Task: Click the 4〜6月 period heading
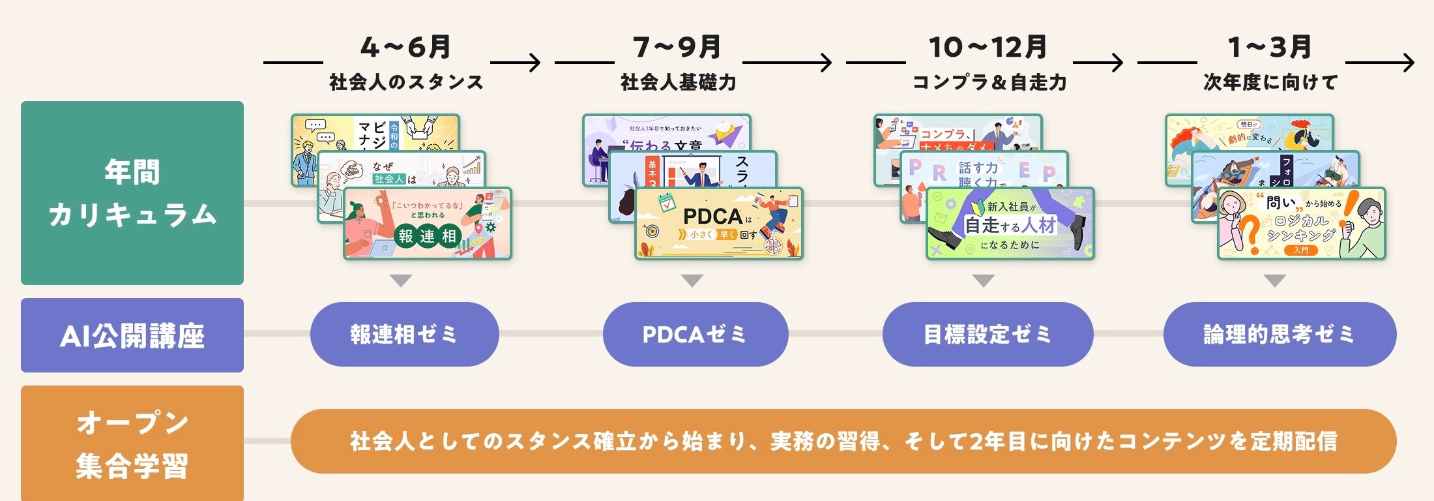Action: click(x=405, y=47)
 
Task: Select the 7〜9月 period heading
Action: click(x=677, y=47)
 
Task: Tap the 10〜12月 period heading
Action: click(x=988, y=47)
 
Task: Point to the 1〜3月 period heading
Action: click(x=1270, y=47)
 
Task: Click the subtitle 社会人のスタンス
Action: click(x=406, y=82)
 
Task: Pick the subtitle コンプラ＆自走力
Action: click(x=989, y=82)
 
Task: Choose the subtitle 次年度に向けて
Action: click(x=1270, y=82)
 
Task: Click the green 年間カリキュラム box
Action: click(x=132, y=193)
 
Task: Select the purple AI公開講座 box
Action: click(x=132, y=335)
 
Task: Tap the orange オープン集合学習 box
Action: click(x=132, y=444)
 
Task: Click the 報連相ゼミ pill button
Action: click(x=404, y=334)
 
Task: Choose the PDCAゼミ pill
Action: click(x=695, y=334)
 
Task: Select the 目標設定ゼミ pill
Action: click(x=988, y=334)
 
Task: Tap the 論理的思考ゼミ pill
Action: click(x=1280, y=334)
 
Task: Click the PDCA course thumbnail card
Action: click(x=719, y=224)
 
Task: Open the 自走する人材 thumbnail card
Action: click(x=1010, y=224)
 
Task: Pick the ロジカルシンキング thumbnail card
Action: click(x=1302, y=224)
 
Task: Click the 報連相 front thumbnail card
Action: click(x=428, y=224)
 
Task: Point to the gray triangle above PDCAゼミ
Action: click(x=692, y=281)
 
